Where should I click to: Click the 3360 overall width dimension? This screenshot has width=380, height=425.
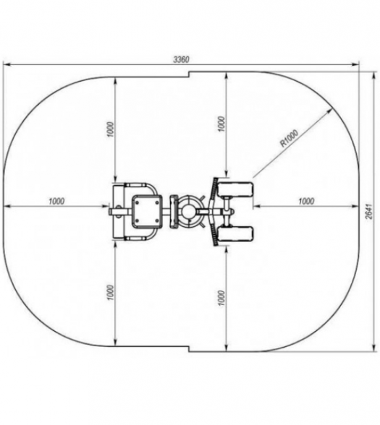(x=181, y=59)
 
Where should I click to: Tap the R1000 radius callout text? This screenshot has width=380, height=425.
(x=290, y=138)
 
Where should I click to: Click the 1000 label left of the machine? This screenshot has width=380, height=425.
(x=56, y=202)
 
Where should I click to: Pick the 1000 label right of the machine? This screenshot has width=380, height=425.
(x=306, y=202)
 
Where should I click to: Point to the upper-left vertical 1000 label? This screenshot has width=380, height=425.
(x=111, y=129)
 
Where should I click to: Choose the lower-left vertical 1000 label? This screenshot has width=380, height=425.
(x=111, y=293)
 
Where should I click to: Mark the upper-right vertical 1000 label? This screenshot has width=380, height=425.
(x=221, y=124)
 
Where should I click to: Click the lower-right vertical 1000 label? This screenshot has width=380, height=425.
(x=221, y=298)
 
